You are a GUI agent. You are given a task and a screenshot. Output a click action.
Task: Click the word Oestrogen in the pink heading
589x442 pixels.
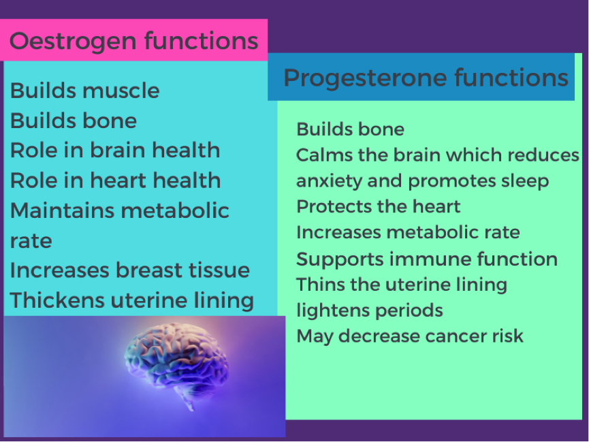(73, 42)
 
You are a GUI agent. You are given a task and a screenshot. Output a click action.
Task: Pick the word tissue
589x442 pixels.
(219, 270)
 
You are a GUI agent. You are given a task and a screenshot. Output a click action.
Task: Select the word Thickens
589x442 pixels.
(57, 300)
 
